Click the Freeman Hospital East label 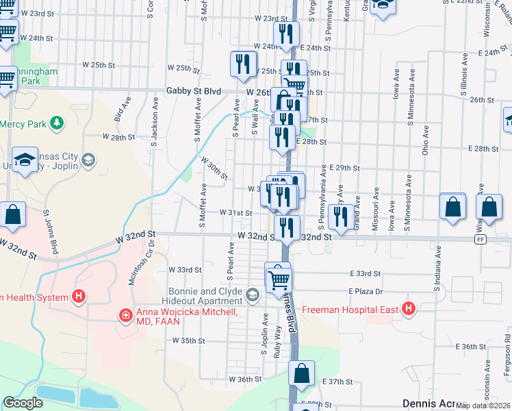(350, 310)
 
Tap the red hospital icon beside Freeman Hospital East (409, 310)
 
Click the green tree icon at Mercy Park (58, 123)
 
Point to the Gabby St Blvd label (194, 91)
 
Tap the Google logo (23, 403)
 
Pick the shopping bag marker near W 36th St (301, 374)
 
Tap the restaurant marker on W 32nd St (287, 227)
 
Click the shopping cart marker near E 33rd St (279, 279)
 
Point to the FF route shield (481, 240)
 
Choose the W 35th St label (189, 340)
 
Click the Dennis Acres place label (428, 403)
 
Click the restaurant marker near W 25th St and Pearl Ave (242, 64)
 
